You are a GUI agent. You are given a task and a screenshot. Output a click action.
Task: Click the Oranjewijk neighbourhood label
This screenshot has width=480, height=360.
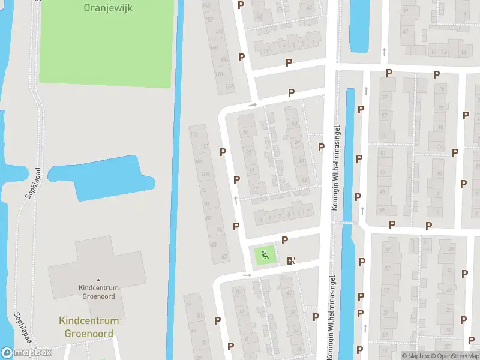(109, 8)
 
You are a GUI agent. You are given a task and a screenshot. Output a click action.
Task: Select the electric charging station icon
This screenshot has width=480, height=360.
(291, 260)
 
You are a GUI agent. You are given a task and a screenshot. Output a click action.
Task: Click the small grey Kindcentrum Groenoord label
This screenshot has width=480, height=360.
(99, 292)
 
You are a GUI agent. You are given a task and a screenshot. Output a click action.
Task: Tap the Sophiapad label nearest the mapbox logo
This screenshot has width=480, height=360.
(21, 327)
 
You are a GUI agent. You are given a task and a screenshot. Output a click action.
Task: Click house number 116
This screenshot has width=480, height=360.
(193, 134)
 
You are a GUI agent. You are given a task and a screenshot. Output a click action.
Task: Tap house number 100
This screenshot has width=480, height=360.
(206, 175)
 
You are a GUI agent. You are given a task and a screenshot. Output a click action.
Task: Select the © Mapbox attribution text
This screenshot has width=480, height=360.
(415, 356)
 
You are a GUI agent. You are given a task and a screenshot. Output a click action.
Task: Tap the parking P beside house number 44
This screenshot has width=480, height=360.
(321, 147)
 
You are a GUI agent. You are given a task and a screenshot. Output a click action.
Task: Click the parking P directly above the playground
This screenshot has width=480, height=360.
(284, 240)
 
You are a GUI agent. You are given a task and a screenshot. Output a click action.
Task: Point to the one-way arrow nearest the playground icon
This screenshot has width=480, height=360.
(247, 275)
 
